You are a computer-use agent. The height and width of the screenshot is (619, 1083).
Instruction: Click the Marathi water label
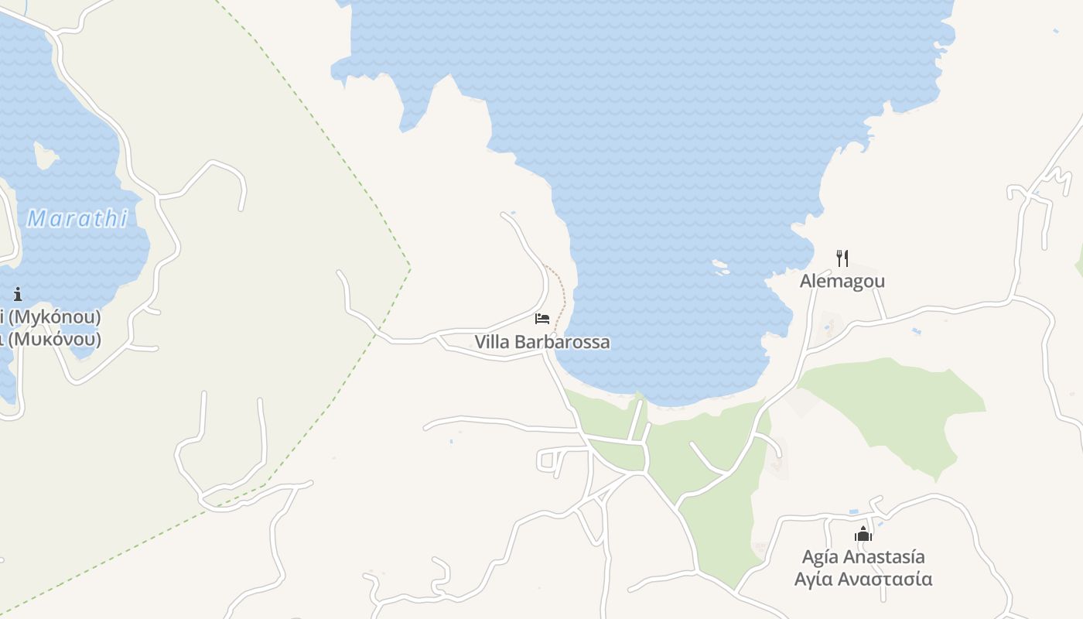tap(77, 219)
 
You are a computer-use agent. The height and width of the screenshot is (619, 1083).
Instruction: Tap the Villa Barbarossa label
tap(542, 342)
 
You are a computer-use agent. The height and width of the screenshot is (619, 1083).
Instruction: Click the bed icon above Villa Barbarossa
tap(542, 318)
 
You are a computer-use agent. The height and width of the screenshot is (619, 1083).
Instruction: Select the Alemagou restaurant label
tap(842, 281)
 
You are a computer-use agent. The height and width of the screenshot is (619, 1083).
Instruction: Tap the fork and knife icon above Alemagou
tap(842, 258)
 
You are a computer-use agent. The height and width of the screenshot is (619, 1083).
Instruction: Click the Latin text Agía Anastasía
tap(863, 557)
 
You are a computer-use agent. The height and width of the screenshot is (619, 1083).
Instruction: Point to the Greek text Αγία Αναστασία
tap(863, 580)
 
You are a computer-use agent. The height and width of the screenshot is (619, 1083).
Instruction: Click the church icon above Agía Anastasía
tap(863, 534)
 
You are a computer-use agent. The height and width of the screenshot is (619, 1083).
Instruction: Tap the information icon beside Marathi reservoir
tap(18, 294)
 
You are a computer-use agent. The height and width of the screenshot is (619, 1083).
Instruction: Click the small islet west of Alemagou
tap(721, 268)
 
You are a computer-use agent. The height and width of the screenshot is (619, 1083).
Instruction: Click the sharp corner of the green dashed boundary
tap(409, 268)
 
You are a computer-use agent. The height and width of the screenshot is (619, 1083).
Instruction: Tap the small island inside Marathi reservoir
tap(45, 157)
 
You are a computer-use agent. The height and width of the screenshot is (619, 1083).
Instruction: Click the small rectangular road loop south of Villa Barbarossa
tap(551, 460)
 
